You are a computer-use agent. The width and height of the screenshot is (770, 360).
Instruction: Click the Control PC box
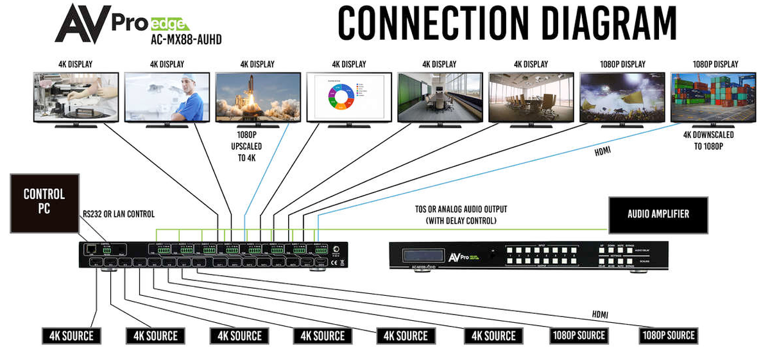tap(44, 202)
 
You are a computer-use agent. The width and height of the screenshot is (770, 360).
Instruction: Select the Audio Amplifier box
tap(658, 214)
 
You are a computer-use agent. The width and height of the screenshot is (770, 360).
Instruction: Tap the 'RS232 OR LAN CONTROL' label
tap(118, 214)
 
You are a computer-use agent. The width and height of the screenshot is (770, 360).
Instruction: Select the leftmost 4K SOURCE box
tap(71, 336)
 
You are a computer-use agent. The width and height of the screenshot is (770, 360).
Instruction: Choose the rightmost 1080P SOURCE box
tap(667, 336)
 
